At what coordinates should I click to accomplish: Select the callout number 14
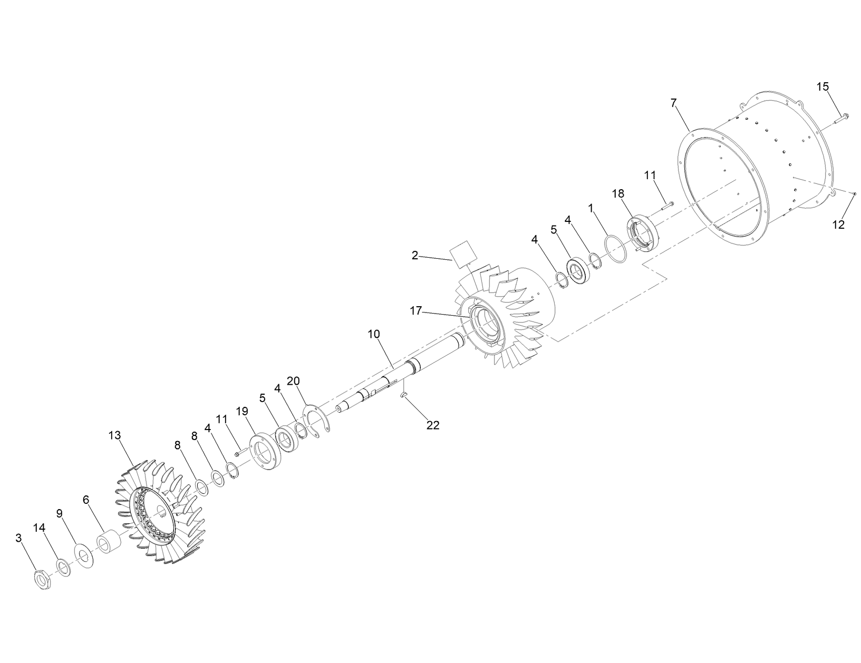coord(40,528)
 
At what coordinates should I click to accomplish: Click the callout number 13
coord(115,436)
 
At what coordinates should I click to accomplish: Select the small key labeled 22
coord(404,395)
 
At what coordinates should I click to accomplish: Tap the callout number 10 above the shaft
coord(374,334)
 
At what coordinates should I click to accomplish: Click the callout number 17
coord(416,311)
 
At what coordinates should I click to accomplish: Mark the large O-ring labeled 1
coord(615,249)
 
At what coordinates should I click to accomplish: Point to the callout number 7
coord(673,103)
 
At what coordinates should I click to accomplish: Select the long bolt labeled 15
coord(841,117)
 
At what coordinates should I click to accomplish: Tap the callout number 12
coord(838,225)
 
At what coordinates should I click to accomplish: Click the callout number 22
coord(433,425)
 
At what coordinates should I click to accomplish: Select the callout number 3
coord(19,538)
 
